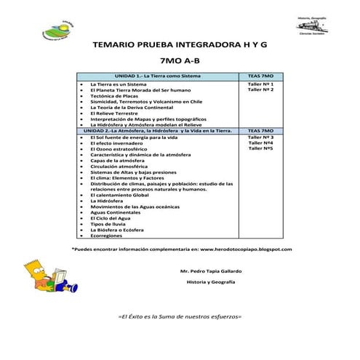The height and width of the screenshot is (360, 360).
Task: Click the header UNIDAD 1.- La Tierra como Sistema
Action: point(154,76)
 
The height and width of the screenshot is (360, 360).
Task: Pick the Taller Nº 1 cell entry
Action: point(260,84)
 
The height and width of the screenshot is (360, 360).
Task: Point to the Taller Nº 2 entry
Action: point(260,90)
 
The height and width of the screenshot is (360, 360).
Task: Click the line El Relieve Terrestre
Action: point(115,113)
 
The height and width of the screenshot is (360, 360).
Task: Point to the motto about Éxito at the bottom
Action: point(179,318)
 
